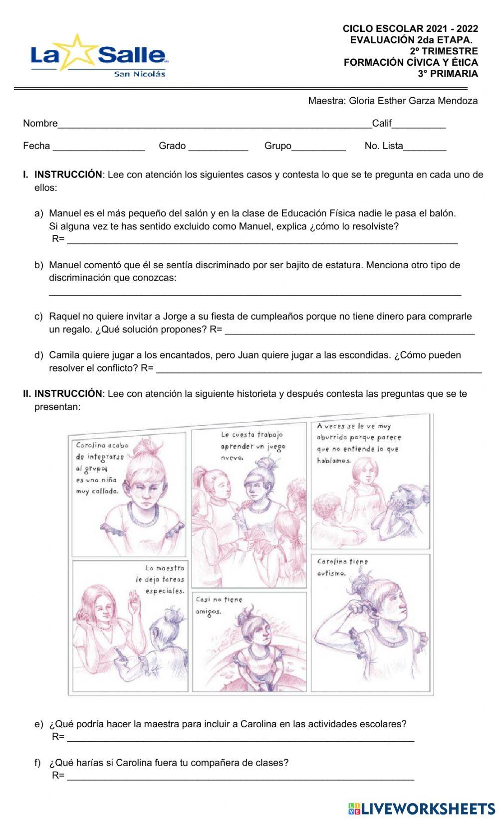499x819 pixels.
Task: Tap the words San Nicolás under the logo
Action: pyautogui.click(x=140, y=74)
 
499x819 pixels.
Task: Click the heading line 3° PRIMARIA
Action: pyautogui.click(x=448, y=74)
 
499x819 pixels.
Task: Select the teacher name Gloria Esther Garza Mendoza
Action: pyautogui.click(x=413, y=101)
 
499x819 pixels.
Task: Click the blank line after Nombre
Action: pyautogui.click(x=215, y=125)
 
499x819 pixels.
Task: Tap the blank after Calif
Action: pyautogui.click(x=419, y=125)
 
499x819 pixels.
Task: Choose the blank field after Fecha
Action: pyautogui.click(x=99, y=148)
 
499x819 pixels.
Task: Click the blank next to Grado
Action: pyautogui.click(x=218, y=148)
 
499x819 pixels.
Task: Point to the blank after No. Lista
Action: pyautogui.click(x=425, y=148)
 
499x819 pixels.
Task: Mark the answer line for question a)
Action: pyautogui.click(x=262, y=241)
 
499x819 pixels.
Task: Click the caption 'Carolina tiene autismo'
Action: pyautogui.click(x=342, y=567)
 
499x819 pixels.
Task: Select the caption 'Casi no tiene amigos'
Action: pyautogui.click(x=219, y=605)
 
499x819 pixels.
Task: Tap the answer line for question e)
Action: pyautogui.click(x=240, y=738)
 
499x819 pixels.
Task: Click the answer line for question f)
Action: pyautogui.click(x=240, y=777)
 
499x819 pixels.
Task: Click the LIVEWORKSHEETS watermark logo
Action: pyautogui.click(x=422, y=808)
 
